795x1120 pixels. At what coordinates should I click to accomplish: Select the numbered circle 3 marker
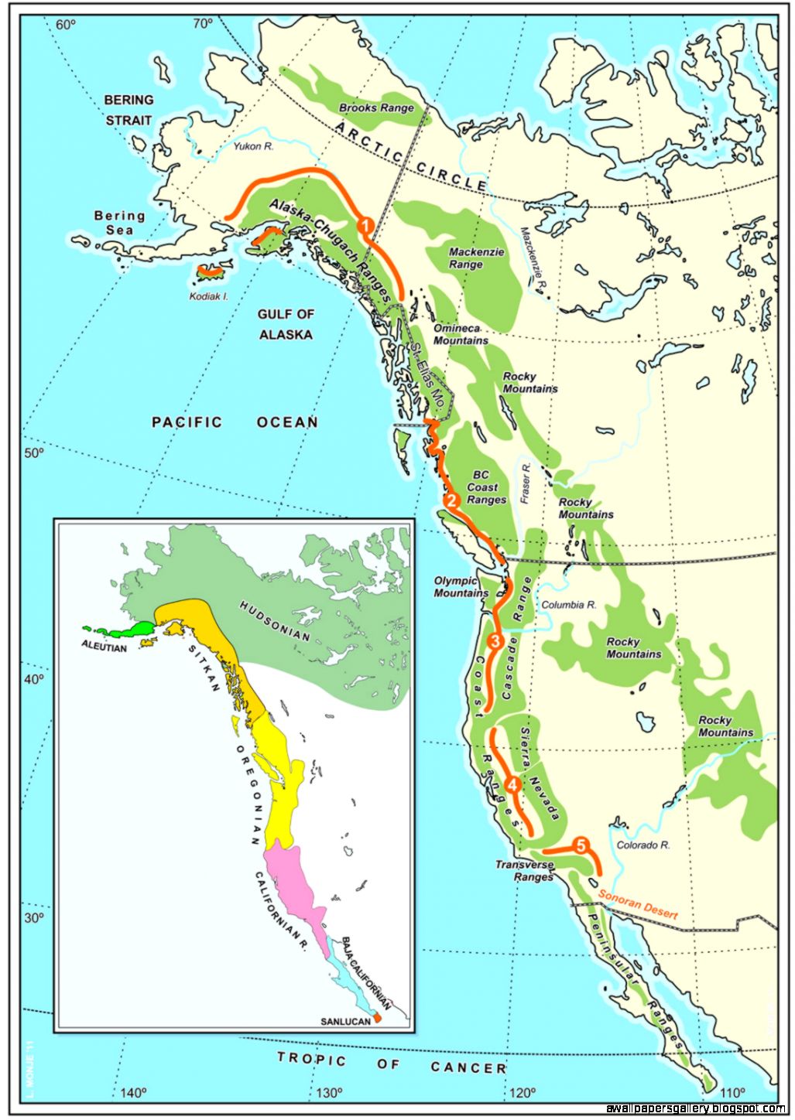click(x=495, y=640)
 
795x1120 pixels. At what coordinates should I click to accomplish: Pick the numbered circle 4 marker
click(x=512, y=784)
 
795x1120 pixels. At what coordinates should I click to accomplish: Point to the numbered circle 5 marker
click(x=581, y=845)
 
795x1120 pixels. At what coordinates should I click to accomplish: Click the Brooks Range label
click(x=376, y=108)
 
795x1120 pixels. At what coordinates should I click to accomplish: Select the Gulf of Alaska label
click(x=286, y=325)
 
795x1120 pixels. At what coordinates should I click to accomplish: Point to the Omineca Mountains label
click(x=461, y=334)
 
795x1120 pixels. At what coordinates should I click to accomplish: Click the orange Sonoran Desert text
click(x=638, y=904)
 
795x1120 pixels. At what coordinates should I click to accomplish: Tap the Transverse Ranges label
click(x=525, y=871)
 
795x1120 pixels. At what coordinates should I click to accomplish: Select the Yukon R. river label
click(x=254, y=145)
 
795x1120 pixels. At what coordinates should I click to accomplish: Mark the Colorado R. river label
click(x=643, y=845)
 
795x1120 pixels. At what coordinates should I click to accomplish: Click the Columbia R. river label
click(x=568, y=605)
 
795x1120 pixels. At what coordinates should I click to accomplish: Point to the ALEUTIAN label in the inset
click(x=104, y=647)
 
